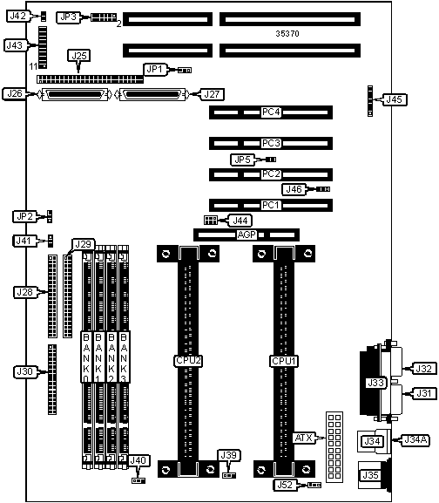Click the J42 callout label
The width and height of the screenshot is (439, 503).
18,16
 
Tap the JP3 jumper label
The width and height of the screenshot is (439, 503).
68,17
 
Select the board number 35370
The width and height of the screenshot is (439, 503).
287,33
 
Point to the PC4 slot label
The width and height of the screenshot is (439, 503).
271,112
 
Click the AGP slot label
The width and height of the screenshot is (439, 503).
247,235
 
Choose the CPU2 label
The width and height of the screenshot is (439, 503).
188,361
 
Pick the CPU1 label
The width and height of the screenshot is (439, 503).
284,361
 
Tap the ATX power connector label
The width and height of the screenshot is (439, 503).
303,438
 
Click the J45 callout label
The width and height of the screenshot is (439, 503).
394,99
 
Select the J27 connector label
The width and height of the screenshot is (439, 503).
212,94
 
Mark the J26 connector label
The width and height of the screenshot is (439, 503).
15,93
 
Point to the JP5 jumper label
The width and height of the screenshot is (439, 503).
242,160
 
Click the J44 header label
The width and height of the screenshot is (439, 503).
240,221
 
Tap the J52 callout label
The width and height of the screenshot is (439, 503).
285,485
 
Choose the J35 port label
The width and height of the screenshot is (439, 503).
370,475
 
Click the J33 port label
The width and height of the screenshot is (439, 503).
375,383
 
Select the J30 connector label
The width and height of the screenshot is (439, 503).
24,371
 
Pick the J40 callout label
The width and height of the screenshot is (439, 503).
138,460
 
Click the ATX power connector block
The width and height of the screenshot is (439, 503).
334,447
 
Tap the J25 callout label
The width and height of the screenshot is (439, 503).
78,56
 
